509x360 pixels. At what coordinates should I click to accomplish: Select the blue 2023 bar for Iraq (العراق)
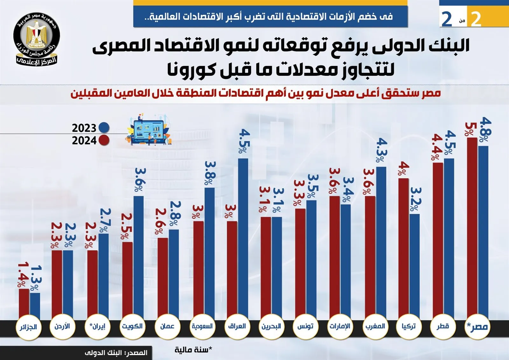(243, 239)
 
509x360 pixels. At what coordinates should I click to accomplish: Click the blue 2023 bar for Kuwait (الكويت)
(138, 258)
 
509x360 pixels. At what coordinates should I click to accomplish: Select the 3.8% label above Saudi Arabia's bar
(210, 173)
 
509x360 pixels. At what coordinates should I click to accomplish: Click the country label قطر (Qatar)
(443, 327)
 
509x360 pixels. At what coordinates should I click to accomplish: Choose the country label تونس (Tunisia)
(305, 327)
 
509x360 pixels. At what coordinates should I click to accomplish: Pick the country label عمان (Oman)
(167, 327)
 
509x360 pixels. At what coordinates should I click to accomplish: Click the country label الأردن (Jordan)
(62, 327)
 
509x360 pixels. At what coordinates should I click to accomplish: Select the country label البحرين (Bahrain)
(271, 327)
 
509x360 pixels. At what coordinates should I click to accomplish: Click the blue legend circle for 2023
(104, 128)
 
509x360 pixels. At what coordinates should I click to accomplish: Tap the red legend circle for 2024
(104, 140)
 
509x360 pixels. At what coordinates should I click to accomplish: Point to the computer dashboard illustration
(149, 130)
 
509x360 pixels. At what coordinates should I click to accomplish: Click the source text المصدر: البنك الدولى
(116, 353)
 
